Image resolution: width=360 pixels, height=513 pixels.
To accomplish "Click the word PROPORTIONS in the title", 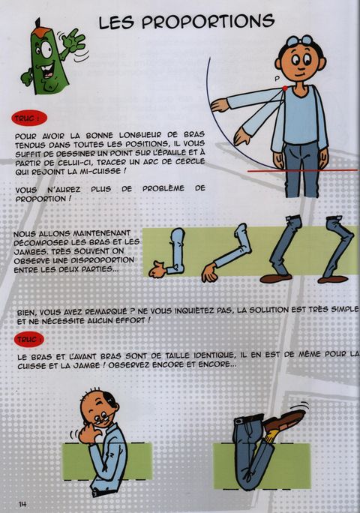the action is (208, 22).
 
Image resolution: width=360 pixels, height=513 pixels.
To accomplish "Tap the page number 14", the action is (22, 504).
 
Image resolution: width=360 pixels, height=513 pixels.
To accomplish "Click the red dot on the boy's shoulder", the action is (285, 88).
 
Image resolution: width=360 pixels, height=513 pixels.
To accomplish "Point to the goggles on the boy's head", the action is (300, 41).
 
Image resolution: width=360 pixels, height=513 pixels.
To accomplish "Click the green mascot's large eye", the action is (46, 49).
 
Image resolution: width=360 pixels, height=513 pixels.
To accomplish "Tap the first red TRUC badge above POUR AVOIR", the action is (29, 118).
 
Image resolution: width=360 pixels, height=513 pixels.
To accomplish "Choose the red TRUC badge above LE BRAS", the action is (28, 340).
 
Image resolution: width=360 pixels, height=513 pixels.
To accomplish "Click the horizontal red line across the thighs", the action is (302, 170).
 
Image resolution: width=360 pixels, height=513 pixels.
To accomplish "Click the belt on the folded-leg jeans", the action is (250, 419).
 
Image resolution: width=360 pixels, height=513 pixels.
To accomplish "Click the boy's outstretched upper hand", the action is (220, 105).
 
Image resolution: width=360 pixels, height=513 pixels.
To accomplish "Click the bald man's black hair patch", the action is (110, 399).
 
